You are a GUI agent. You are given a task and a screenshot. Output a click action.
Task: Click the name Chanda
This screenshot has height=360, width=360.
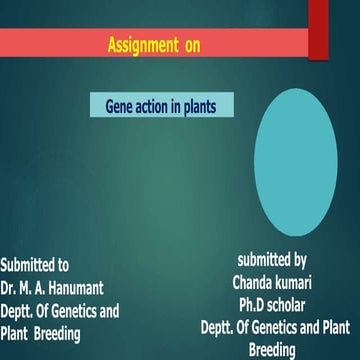(x=257, y=282)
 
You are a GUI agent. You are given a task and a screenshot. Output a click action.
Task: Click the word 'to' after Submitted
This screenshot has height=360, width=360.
(x=62, y=266)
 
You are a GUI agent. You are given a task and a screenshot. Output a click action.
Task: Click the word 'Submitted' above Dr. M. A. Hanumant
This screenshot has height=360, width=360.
(x=25, y=266)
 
